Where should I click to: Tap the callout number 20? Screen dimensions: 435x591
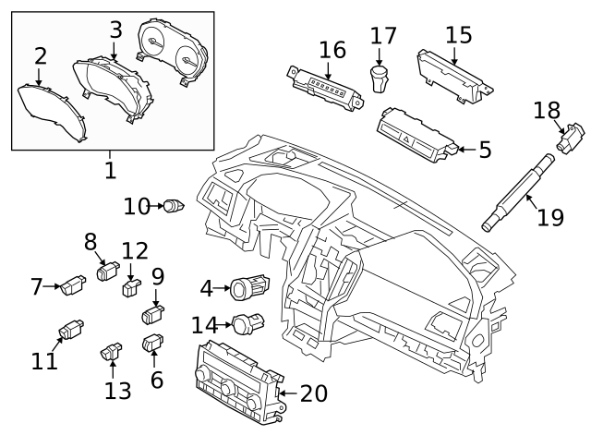(314, 394)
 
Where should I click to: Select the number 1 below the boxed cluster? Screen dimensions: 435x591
(110, 171)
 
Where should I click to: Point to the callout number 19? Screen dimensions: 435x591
(550, 218)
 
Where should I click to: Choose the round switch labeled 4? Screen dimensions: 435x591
(249, 290)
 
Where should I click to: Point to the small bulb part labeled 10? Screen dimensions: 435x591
(173, 205)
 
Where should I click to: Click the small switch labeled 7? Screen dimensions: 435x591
(72, 288)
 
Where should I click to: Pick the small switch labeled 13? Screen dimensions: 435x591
(113, 351)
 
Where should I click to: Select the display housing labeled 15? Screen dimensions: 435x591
(453, 72)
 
